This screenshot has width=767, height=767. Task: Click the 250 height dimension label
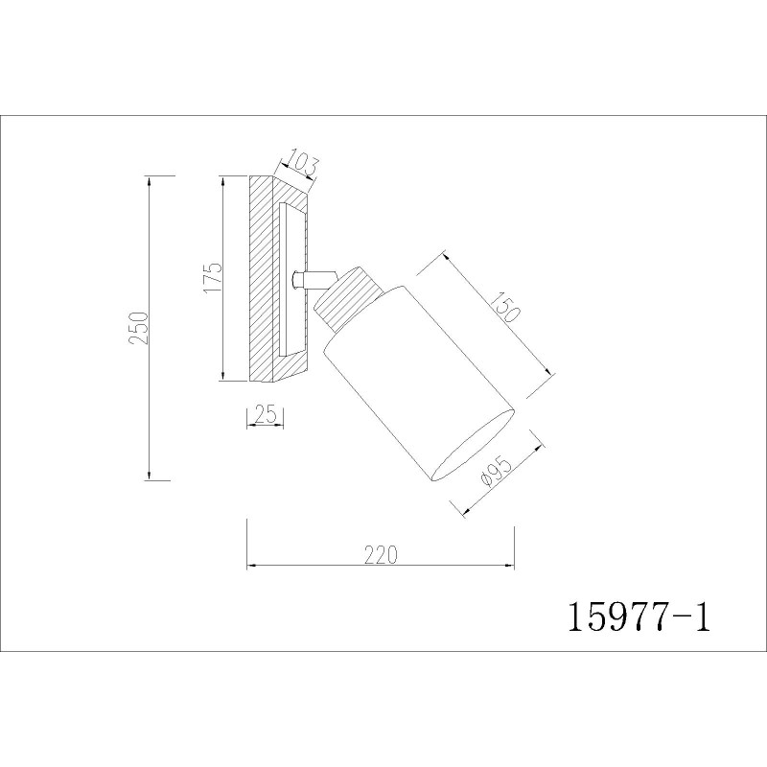(139, 327)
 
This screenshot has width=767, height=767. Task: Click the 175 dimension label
(213, 277)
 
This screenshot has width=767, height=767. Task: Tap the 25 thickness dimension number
(267, 415)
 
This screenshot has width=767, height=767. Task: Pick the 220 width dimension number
(382, 555)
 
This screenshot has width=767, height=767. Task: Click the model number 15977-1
(638, 616)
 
